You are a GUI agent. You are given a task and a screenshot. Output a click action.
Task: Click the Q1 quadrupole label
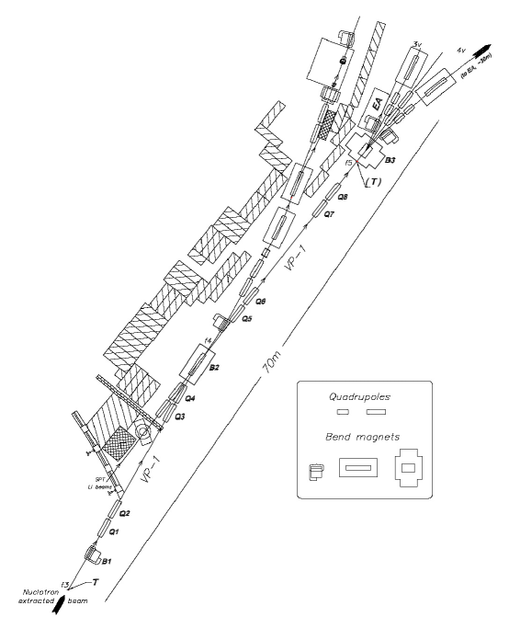[114, 531]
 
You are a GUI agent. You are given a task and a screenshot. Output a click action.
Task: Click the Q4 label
[189, 399]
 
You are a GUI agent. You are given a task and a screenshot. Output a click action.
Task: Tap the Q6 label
[261, 301]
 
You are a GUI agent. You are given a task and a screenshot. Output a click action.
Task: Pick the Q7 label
[330, 214]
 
